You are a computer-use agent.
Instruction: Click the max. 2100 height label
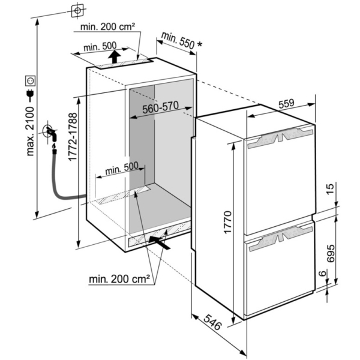point(30,131)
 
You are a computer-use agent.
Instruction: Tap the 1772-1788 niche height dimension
point(73,137)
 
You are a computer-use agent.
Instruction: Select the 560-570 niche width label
point(160,107)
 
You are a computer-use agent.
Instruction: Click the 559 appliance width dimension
point(286,104)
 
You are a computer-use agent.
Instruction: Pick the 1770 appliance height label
point(228,222)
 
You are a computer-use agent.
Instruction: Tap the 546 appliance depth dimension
point(213,322)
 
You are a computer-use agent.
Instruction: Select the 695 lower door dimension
point(331,253)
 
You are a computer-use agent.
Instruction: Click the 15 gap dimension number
point(330,189)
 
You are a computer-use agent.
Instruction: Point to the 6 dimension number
point(323,274)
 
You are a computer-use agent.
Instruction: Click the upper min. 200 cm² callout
point(107,27)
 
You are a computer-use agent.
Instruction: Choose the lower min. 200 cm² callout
point(119,279)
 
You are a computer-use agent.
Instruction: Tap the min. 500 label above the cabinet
point(100,47)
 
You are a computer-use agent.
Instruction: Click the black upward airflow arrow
point(115,56)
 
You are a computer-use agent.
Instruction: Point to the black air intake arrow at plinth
point(160,242)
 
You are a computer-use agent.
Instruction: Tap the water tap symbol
point(50,133)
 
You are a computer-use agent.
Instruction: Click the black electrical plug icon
point(30,94)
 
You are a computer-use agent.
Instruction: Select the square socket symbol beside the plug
point(31,80)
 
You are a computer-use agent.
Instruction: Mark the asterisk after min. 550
point(200,44)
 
